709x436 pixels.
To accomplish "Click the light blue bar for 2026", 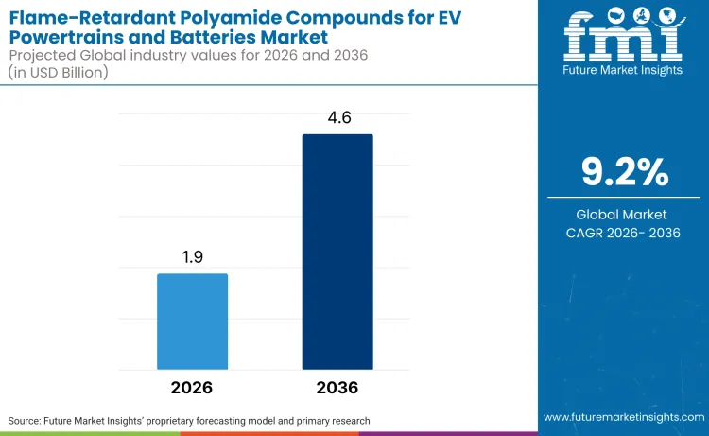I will coord(192,321).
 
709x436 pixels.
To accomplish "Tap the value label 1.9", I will coord(192,257).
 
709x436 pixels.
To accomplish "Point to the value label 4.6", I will coord(337,118).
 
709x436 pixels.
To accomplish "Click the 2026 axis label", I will coord(192,388).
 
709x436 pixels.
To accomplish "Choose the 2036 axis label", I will coord(337,388).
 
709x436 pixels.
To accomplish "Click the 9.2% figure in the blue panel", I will coord(624,172).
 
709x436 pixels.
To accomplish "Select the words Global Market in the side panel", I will coord(624,215).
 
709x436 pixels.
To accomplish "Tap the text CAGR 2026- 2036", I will coord(624,234).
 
